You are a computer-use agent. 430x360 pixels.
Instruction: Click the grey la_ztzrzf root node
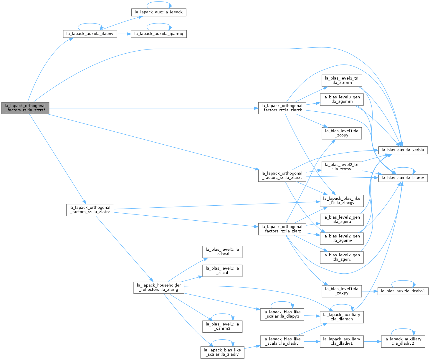click(x=25, y=108)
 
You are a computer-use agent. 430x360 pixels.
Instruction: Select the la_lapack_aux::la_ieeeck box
click(x=158, y=12)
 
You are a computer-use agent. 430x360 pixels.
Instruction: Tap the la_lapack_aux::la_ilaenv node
click(x=90, y=34)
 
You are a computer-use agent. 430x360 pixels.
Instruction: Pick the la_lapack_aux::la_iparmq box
click(x=158, y=34)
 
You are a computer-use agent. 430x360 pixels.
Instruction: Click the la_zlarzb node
click(x=282, y=108)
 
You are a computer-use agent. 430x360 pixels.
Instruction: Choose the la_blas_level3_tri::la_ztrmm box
click(x=341, y=80)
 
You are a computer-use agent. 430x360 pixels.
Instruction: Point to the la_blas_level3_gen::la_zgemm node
click(x=341, y=99)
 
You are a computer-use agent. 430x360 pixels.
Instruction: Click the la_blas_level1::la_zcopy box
click(x=341, y=133)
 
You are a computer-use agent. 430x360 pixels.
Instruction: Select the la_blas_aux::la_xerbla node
click(x=403, y=150)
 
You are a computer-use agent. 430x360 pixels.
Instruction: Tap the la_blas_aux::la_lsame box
click(x=403, y=178)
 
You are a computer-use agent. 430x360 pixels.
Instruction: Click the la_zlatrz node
click(x=90, y=210)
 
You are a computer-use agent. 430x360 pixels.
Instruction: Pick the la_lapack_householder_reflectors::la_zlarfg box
click(x=158, y=288)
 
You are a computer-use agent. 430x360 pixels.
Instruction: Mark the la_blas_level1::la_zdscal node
click(x=222, y=252)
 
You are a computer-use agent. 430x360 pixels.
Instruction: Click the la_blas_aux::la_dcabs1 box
click(x=403, y=291)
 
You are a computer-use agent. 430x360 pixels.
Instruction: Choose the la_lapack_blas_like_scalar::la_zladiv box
click(x=222, y=352)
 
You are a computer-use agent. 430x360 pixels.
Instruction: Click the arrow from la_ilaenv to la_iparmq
click(x=124, y=34)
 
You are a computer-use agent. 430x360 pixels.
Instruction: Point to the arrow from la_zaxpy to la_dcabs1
click(x=369, y=291)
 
